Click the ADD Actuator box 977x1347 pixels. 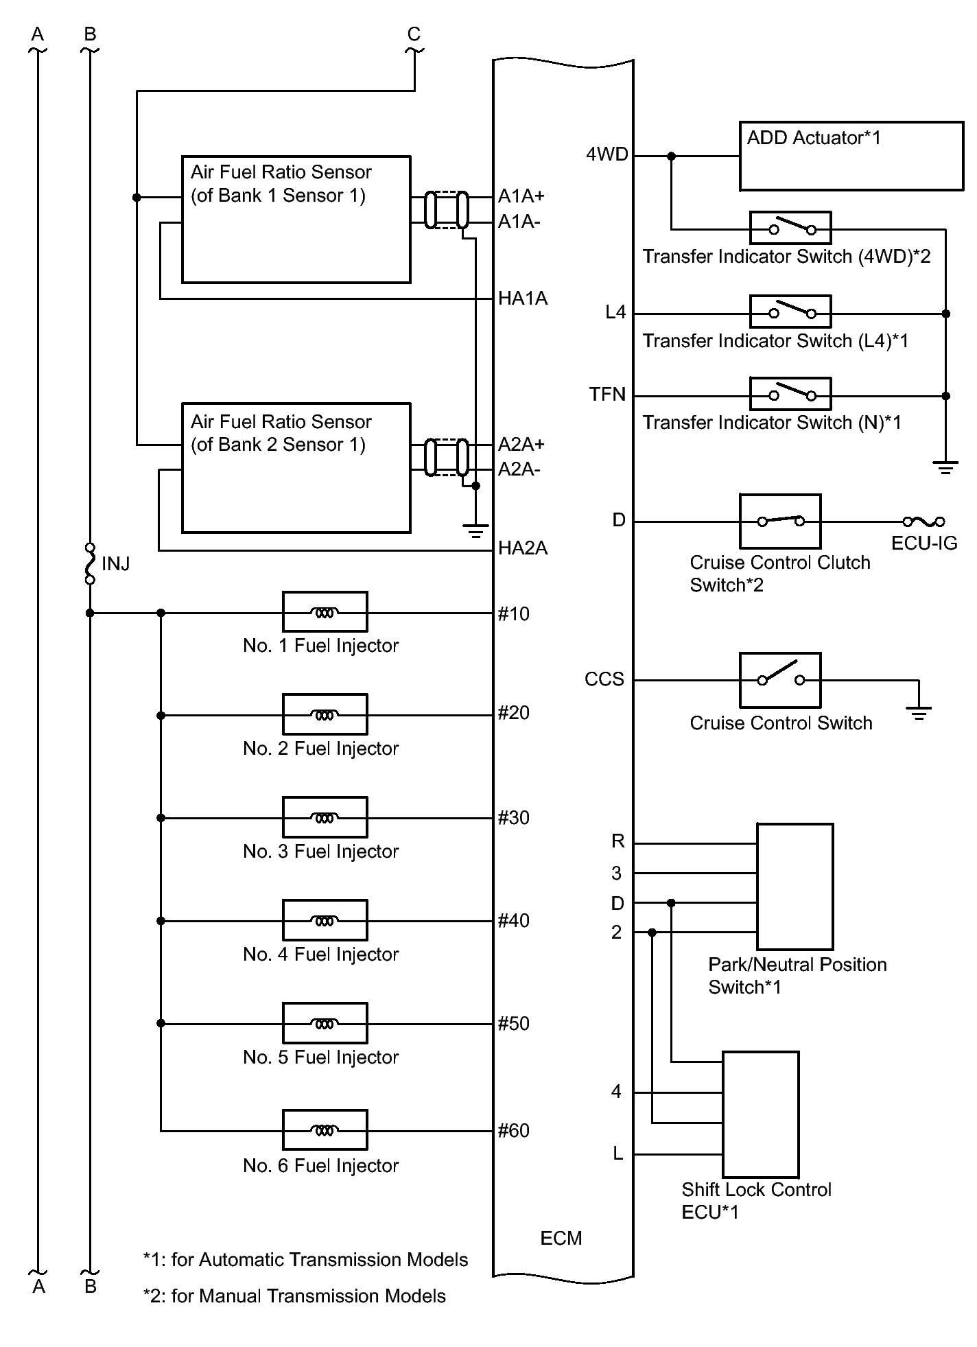(851, 156)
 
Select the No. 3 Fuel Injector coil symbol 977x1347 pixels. (325, 817)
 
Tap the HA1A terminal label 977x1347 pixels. (523, 298)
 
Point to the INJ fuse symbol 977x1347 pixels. (89, 563)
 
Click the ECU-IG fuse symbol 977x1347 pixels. (923, 522)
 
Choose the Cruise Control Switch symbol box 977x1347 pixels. (780, 679)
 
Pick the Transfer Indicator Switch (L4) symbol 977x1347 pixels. (790, 312)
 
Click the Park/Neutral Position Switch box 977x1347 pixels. (794, 886)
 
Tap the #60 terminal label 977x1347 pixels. (514, 1130)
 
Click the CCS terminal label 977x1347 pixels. (604, 679)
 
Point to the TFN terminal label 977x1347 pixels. (607, 395)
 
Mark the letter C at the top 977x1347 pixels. (414, 34)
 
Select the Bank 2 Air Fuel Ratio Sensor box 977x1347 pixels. (296, 468)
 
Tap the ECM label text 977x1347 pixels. (561, 1238)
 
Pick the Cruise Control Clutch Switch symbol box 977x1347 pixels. (780, 521)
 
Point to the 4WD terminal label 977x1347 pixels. (607, 154)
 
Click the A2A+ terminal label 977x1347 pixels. (521, 444)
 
